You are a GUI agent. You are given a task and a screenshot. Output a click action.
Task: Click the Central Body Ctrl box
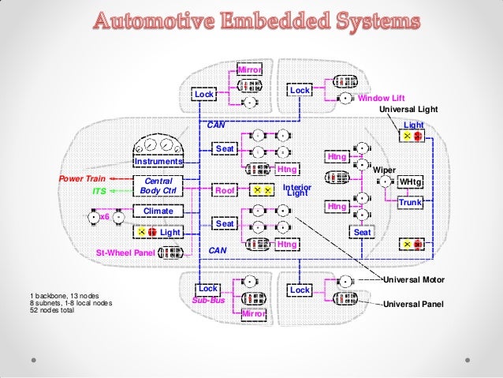(158, 185)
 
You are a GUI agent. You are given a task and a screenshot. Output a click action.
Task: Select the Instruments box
(158, 162)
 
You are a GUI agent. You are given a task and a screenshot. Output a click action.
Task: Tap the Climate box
(158, 211)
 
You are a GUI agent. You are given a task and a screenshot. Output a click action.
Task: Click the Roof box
(225, 190)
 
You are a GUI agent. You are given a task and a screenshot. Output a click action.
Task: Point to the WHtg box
(411, 182)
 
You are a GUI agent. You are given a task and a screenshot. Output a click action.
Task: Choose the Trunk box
(411, 204)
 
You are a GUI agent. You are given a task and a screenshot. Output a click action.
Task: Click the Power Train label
(83, 178)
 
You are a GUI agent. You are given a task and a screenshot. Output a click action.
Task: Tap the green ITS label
(99, 191)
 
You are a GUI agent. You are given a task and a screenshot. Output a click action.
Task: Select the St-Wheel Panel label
(125, 253)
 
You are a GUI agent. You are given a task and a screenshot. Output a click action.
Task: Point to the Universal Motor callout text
(413, 280)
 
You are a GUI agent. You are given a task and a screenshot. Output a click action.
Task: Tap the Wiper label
(384, 170)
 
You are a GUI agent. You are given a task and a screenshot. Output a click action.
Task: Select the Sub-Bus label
(207, 301)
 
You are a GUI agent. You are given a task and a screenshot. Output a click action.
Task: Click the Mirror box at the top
(249, 72)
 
